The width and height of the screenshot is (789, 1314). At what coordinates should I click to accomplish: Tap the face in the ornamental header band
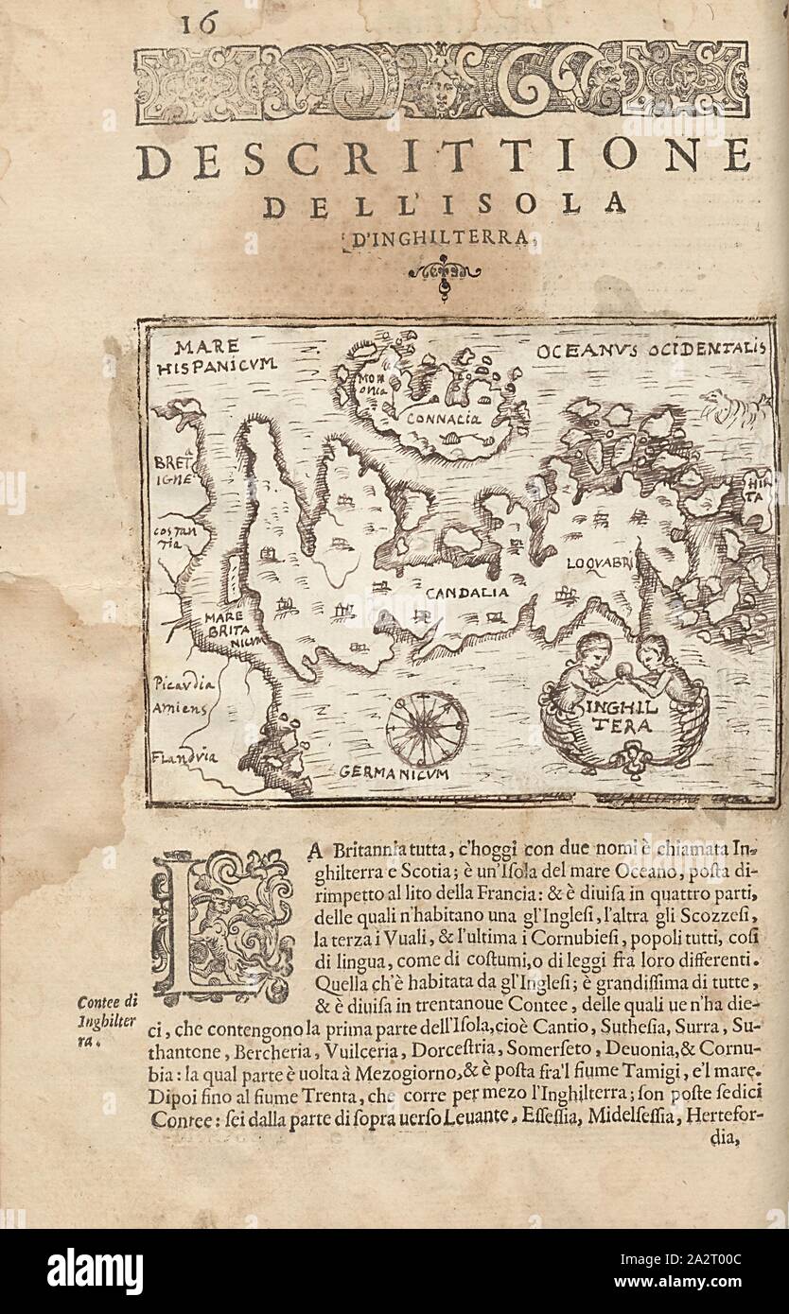pos(437,87)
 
